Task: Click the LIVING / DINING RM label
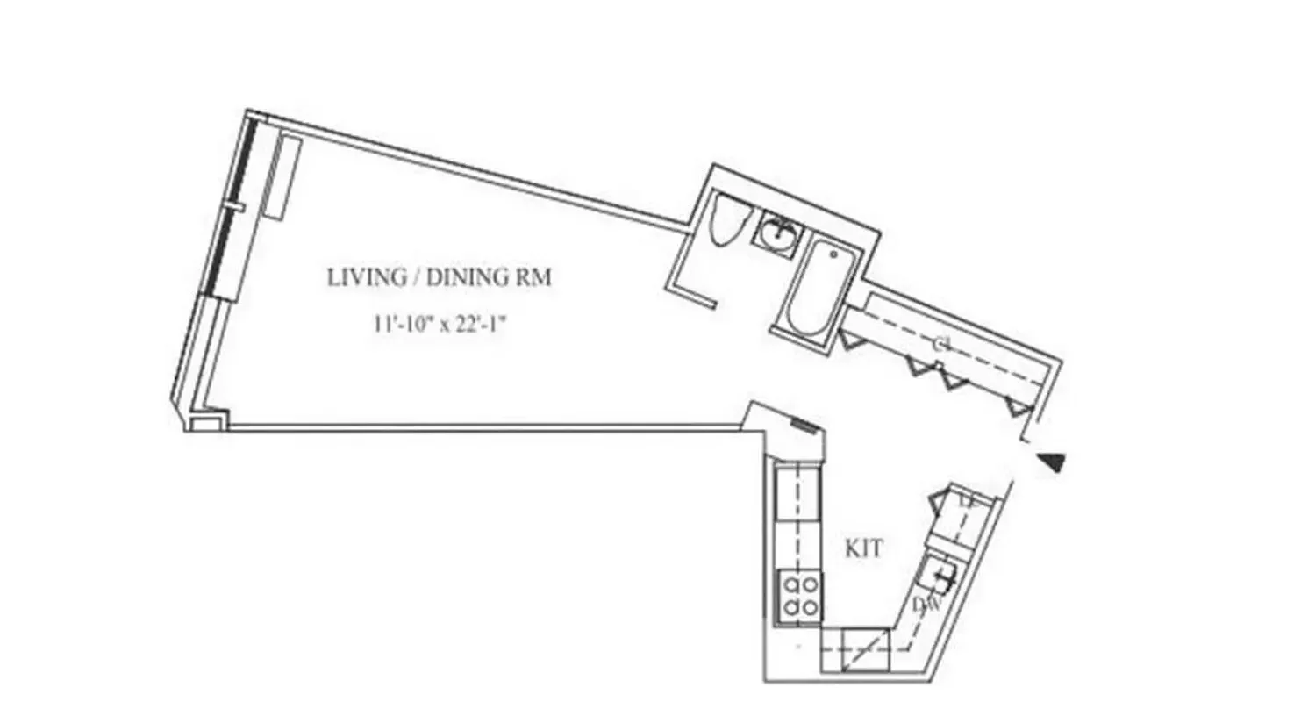(x=440, y=278)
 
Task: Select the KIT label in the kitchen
(x=863, y=550)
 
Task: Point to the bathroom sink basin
(x=778, y=233)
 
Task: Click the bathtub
(x=817, y=288)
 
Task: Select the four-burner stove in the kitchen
(x=799, y=596)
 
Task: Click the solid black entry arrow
(x=1051, y=461)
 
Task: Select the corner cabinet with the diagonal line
(x=864, y=652)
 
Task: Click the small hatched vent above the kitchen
(x=804, y=426)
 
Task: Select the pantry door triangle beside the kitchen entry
(x=942, y=501)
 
